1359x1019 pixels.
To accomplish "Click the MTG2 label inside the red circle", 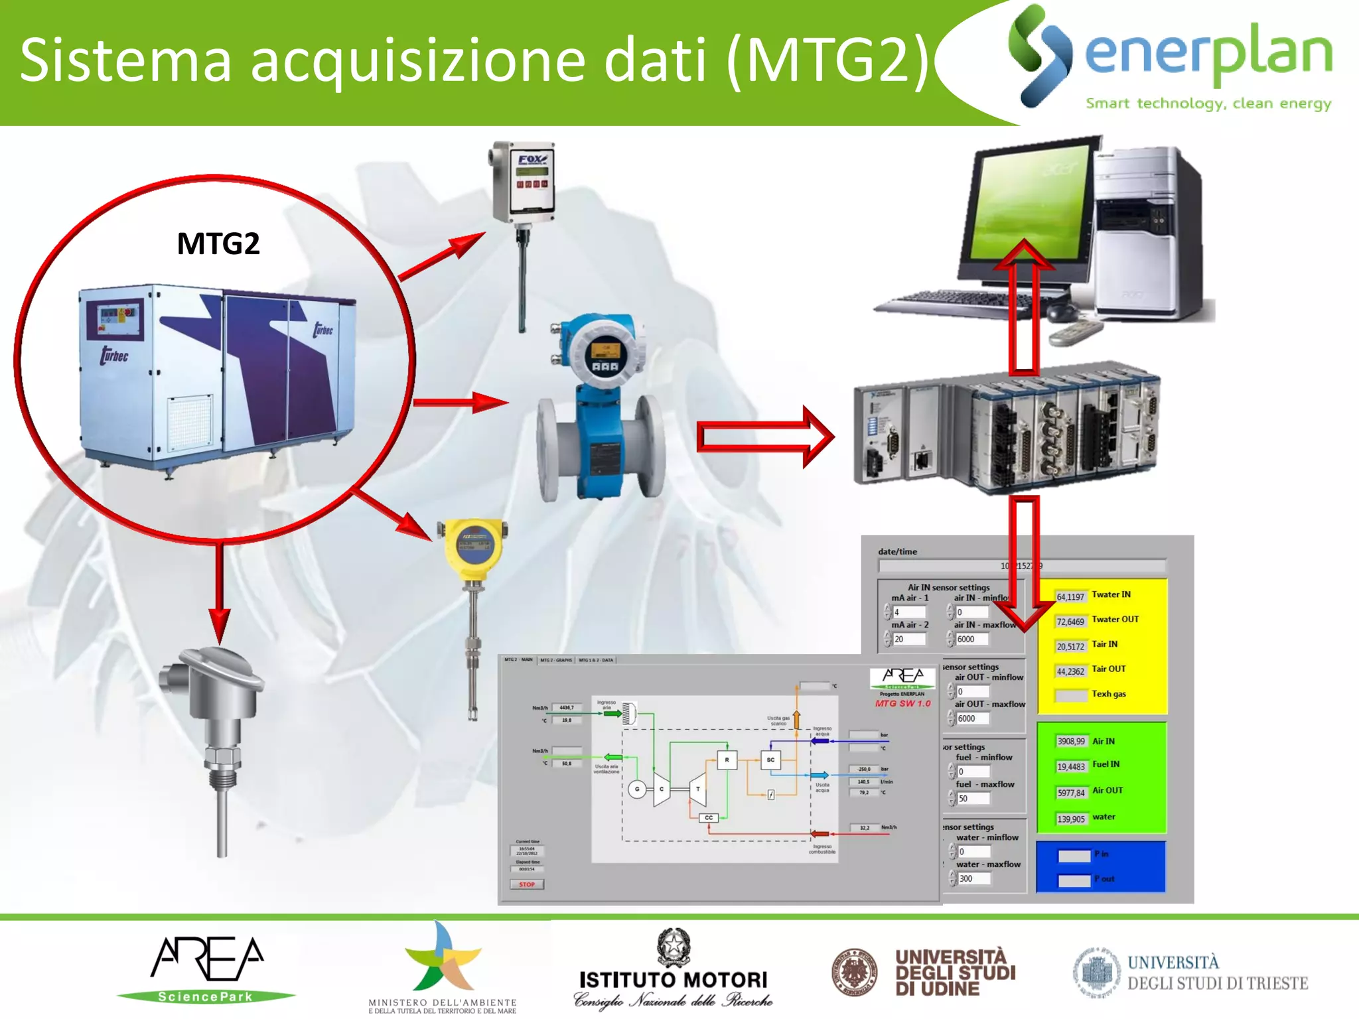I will (218, 243).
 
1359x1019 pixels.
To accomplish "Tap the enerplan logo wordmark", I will (1208, 53).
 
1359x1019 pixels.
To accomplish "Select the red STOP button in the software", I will (527, 884).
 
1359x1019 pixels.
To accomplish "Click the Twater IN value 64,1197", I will (1070, 597).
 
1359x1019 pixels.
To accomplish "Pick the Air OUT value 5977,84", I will (1070, 793).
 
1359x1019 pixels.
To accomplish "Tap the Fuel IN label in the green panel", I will (1106, 764).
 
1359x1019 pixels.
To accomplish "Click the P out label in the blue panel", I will (1106, 879).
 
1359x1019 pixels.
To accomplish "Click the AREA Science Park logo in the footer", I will (207, 968).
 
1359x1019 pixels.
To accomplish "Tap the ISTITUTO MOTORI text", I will (673, 980).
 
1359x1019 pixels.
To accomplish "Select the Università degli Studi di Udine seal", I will (855, 972).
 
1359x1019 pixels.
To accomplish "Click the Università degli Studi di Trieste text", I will (1217, 973).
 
